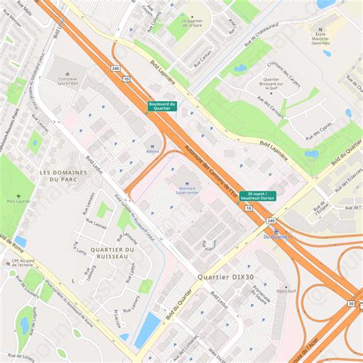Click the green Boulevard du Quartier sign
(162, 106)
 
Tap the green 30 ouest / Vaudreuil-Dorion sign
(258, 196)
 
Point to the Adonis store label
(152, 151)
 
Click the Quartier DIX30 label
(224, 276)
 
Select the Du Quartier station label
(277, 237)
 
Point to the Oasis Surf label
(286, 290)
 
